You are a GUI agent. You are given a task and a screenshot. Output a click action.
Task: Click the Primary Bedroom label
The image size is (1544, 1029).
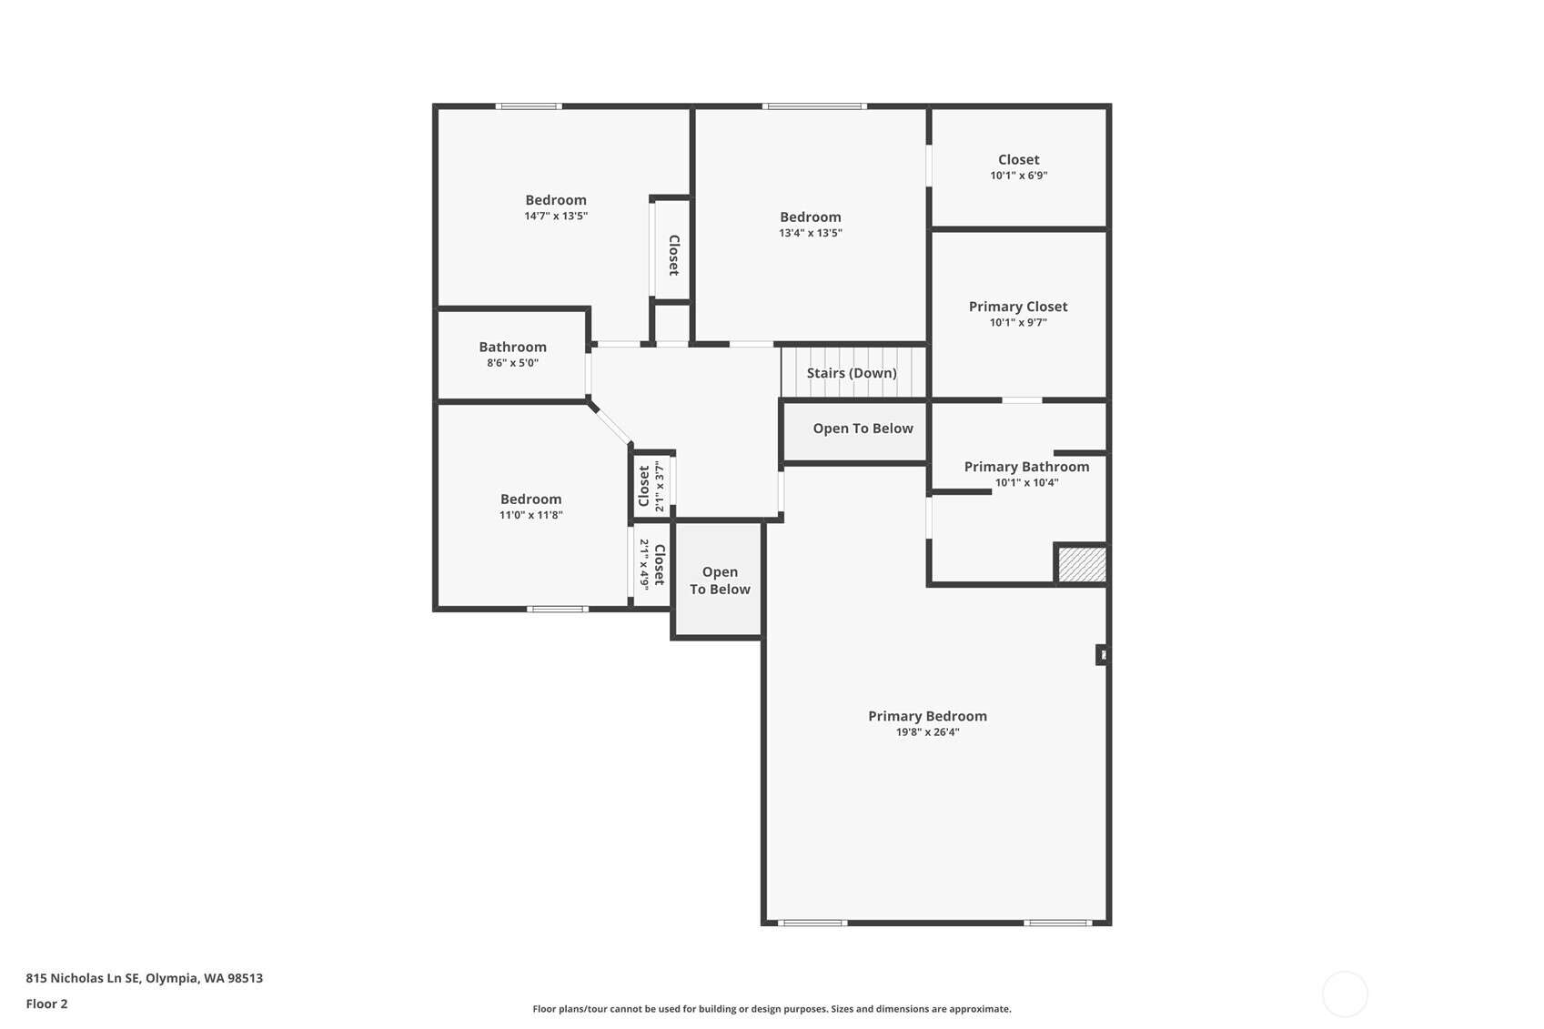[927, 716]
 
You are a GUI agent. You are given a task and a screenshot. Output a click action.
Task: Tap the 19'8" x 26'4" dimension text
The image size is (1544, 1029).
[927, 732]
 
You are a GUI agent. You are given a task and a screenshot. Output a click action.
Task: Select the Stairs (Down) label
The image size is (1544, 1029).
[852, 373]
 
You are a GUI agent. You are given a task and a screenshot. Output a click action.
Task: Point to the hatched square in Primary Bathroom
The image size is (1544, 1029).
[1082, 564]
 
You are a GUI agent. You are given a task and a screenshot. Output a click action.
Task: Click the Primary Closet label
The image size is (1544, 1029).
[1018, 307]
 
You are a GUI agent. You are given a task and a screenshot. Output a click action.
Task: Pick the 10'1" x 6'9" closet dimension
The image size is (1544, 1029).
[1018, 176]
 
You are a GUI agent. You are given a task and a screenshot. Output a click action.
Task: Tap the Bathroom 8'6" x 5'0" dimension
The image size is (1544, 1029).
[512, 363]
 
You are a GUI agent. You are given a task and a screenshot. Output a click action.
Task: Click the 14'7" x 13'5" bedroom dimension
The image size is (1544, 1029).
[555, 217]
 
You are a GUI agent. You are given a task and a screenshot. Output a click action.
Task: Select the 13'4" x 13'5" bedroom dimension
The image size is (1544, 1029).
[810, 233]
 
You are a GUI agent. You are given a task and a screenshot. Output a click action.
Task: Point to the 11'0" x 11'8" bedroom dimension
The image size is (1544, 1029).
[530, 515]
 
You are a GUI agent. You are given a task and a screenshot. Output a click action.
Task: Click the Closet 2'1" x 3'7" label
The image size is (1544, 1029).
[644, 486]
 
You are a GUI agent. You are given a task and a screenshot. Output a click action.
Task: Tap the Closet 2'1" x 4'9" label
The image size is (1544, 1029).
[659, 565]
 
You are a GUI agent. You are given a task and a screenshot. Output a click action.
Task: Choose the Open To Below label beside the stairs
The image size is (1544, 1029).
[863, 429]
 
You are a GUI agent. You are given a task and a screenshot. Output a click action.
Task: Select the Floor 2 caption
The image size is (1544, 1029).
[46, 1004]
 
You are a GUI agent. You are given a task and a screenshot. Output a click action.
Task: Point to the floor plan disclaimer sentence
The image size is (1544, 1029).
[772, 1008]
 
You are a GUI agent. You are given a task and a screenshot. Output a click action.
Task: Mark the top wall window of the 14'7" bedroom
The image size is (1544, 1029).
[528, 106]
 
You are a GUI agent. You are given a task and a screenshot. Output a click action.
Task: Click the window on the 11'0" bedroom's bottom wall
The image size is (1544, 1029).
[557, 609]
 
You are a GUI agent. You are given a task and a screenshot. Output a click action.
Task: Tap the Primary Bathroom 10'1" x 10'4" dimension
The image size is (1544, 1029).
[1026, 483]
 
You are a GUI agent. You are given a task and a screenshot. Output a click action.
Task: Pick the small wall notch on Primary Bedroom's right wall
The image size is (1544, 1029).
[1103, 654]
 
